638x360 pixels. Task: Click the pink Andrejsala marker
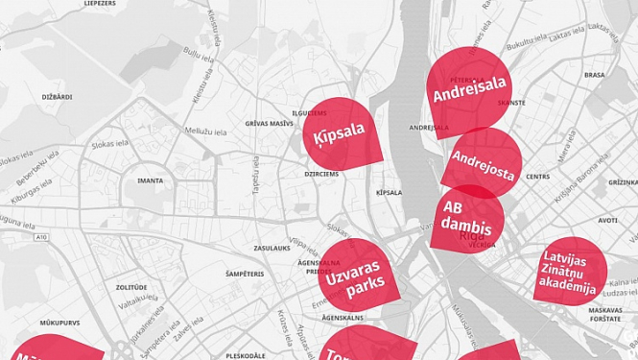coord(469,89)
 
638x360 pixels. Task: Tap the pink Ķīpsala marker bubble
coord(341,133)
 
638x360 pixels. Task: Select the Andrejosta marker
coord(483,163)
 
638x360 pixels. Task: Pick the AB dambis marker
coord(467,219)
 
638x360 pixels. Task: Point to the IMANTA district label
coord(151,180)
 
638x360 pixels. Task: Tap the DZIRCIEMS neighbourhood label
coord(321,174)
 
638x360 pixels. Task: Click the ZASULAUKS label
coord(272,248)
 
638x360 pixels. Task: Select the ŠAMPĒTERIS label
coord(245,274)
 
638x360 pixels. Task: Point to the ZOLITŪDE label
coord(131,287)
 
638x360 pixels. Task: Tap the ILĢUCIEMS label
coord(309,112)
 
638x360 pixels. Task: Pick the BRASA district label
coord(594,74)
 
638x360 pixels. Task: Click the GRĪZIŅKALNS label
coord(624,182)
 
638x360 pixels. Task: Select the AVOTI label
coord(607,220)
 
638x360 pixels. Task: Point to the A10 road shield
coord(40,236)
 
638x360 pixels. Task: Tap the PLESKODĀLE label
coord(246,355)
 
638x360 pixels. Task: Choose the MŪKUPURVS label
coord(35,323)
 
